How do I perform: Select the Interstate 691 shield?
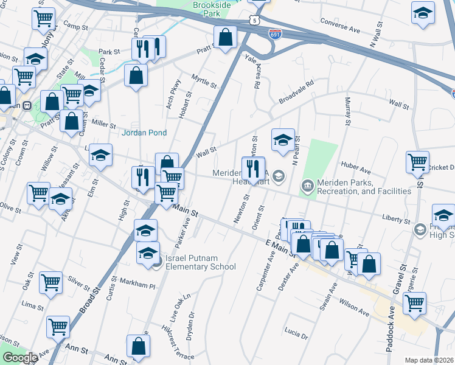(x=276, y=34)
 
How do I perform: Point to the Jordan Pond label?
(x=145, y=132)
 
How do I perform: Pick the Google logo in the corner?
(x=19, y=358)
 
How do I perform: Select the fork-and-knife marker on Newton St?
(x=253, y=168)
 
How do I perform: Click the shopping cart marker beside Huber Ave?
(x=417, y=162)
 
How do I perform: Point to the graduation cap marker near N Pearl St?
(x=283, y=140)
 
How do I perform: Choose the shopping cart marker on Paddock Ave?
(x=414, y=302)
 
